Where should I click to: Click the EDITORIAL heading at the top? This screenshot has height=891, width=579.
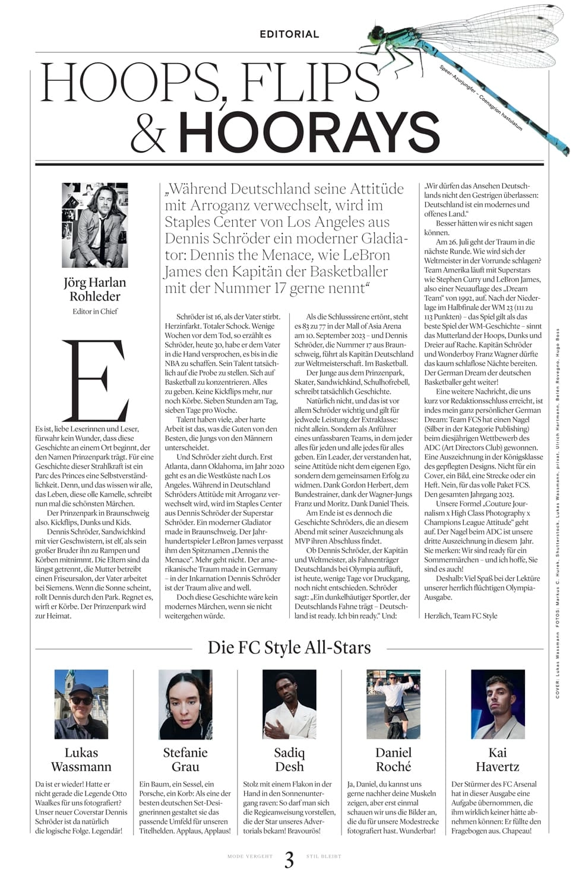(289, 34)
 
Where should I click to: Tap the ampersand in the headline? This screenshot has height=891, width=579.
(148, 133)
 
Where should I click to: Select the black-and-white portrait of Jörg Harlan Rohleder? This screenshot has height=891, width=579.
(95, 225)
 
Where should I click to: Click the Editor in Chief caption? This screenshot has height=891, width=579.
(95, 311)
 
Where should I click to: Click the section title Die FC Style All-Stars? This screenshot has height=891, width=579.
(289, 647)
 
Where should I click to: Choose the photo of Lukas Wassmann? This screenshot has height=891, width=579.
(81, 704)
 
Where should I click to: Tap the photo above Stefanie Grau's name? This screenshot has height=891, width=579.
(185, 704)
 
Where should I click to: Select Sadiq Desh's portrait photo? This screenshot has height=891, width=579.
(289, 704)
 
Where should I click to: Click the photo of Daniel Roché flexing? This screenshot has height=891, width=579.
(393, 704)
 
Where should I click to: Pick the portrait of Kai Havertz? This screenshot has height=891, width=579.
(498, 704)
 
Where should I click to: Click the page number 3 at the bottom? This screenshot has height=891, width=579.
(289, 860)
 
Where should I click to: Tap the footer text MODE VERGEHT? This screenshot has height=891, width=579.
(250, 857)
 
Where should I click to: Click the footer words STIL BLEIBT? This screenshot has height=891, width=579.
(324, 857)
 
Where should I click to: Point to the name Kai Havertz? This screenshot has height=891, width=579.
(498, 760)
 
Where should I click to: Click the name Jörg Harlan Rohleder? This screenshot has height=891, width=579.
(95, 289)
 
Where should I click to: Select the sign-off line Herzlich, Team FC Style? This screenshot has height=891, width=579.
(461, 616)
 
